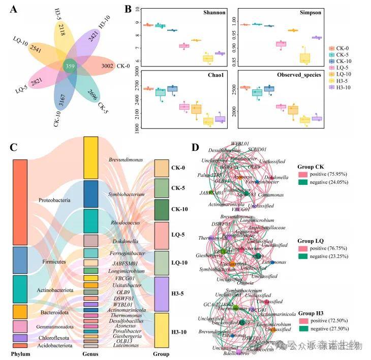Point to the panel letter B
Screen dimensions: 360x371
(x=129, y=9)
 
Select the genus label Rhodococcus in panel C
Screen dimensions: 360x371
(x=124, y=222)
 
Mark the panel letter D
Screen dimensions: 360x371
(x=195, y=147)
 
